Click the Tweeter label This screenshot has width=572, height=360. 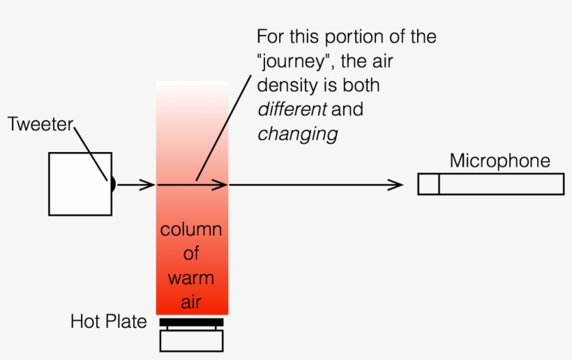click(x=40, y=126)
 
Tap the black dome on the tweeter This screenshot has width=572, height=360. click(x=112, y=184)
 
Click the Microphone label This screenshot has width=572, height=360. click(x=499, y=161)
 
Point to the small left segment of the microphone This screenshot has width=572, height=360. click(x=428, y=184)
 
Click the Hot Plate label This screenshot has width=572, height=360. click(x=108, y=322)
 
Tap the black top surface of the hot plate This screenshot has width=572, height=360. click(x=191, y=322)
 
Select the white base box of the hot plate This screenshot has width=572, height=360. click(x=191, y=340)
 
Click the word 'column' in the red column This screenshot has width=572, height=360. click(x=191, y=230)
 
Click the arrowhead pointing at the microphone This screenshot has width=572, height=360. click(x=397, y=185)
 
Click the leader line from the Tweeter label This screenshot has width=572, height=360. click(x=91, y=152)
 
